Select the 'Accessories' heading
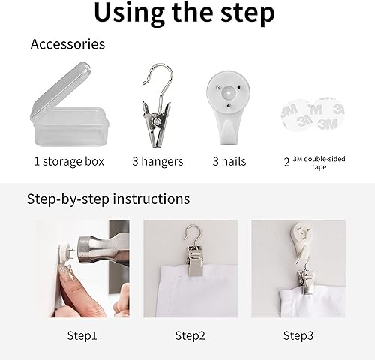[67, 44]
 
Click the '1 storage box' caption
[69, 161]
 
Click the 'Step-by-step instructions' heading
[108, 199]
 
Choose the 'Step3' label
[298, 334]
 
